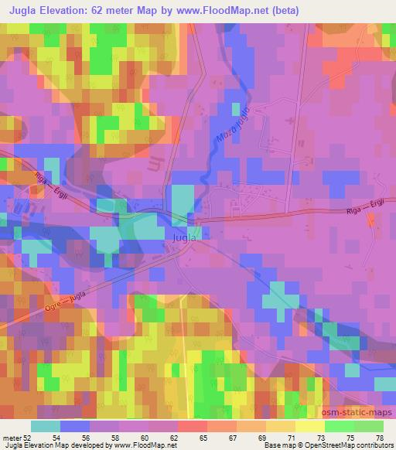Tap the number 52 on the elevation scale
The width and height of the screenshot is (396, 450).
coord(28,437)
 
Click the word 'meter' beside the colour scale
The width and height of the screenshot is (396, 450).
coord(12,437)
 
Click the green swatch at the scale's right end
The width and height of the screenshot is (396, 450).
coord(369,426)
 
